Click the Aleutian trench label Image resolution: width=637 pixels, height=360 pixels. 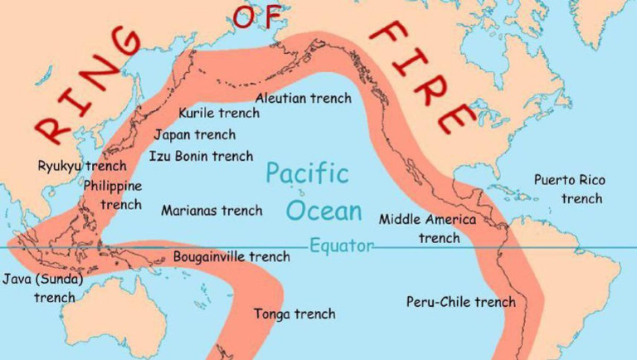click(x=303, y=98)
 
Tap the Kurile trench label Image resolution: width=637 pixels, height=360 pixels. click(x=219, y=113)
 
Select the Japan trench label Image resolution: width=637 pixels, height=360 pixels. click(x=194, y=134)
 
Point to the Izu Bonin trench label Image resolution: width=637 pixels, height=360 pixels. click(x=201, y=155)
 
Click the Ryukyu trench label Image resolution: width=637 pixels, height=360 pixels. click(x=82, y=166)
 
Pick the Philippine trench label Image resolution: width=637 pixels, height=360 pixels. click(x=113, y=195)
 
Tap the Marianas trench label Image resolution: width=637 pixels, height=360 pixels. click(x=212, y=211)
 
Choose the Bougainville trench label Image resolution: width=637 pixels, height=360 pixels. click(x=231, y=256)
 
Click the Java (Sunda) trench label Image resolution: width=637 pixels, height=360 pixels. click(x=42, y=287)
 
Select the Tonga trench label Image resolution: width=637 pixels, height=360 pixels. click(x=294, y=314)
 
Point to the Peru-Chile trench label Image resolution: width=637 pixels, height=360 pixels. click(x=460, y=302)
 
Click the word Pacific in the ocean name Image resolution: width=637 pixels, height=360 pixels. click(x=307, y=174)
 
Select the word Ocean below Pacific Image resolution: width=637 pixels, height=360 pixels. click(x=324, y=211)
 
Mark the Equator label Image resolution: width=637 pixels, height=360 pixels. click(x=341, y=246)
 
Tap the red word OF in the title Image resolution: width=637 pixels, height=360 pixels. click(x=258, y=17)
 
